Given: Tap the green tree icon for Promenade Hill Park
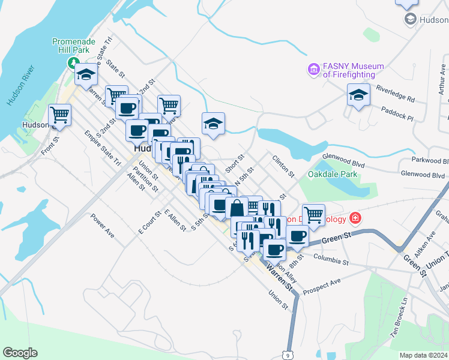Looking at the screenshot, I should pyautogui.click(x=74, y=62).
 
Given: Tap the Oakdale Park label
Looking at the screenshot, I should pyautogui.click(x=333, y=174).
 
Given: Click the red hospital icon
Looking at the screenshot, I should pyautogui.click(x=355, y=218).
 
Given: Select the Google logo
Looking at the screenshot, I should pyautogui.click(x=20, y=353).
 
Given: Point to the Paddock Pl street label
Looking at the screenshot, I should pyautogui.click(x=399, y=111).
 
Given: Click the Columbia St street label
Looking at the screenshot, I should pyautogui.click(x=330, y=261).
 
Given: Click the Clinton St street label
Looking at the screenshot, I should pyautogui.click(x=283, y=167).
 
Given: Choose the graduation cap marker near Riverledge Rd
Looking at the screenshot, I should pyautogui.click(x=358, y=96).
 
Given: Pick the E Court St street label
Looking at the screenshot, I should pyautogui.click(x=149, y=222).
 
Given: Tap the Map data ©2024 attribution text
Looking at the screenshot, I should pyautogui.click(x=423, y=355).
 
